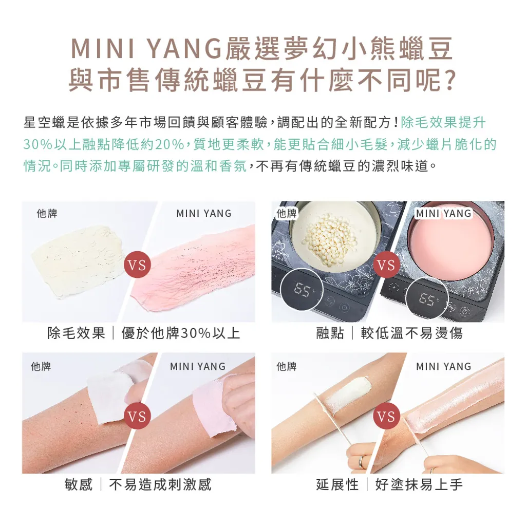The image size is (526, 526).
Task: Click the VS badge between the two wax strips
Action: [x=137, y=266]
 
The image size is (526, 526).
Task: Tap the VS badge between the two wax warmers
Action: [x=386, y=266]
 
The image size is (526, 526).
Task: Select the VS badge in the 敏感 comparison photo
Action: [x=137, y=416]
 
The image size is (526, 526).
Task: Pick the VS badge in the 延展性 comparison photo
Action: [x=386, y=416]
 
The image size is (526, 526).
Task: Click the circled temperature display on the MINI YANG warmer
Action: [x=427, y=298]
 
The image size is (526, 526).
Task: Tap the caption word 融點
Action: [x=330, y=333]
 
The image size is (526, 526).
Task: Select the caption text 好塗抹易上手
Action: [x=419, y=484]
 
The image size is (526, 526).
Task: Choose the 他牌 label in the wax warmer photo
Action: [x=287, y=213]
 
